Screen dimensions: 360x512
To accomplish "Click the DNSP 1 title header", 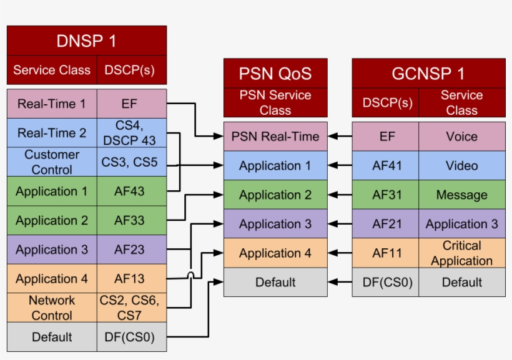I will [86, 41].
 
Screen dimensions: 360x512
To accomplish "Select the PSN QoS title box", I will [275, 74].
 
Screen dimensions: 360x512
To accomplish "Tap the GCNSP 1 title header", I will [428, 74].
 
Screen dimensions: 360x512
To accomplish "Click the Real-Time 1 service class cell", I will [52, 104].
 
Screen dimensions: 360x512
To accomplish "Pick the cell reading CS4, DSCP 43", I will [132, 132].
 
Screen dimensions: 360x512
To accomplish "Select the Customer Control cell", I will [52, 162].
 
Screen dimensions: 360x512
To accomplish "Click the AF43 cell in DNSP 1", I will [132, 191].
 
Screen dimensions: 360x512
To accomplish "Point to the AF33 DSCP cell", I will [132, 220].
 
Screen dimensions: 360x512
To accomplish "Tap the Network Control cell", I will [52, 308].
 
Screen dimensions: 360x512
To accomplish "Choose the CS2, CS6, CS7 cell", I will [132, 308].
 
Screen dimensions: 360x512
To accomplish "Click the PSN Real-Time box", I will [275, 136].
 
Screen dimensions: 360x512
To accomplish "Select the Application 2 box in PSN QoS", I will [275, 195].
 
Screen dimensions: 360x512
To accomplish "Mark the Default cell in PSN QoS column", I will [275, 282].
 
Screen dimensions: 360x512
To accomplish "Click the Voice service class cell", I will [461, 136].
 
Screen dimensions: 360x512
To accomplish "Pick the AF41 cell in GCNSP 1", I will [385, 165].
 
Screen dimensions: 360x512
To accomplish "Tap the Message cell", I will [461, 195].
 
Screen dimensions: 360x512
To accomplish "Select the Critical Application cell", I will [461, 253].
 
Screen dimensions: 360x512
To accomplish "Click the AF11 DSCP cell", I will [385, 253].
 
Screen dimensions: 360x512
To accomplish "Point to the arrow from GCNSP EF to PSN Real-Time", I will [340, 136].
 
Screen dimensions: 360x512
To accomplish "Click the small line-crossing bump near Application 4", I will [190, 275].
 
